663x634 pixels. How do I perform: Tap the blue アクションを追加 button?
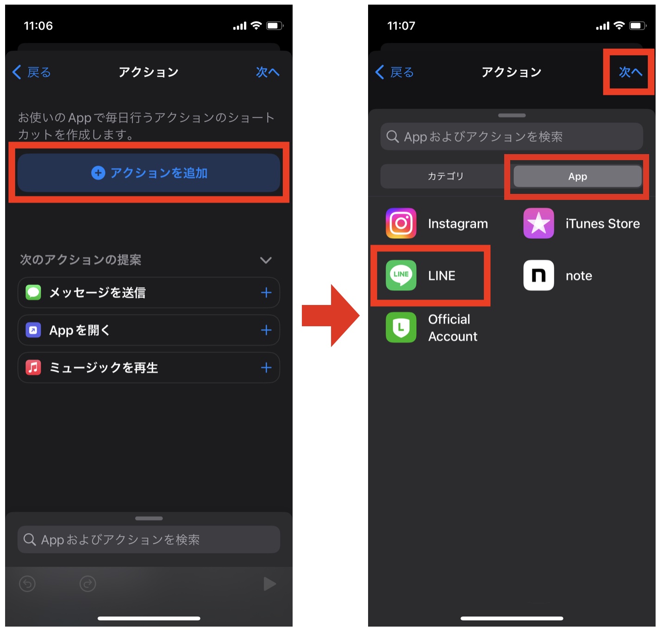click(149, 173)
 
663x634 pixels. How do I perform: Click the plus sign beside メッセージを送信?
click(266, 292)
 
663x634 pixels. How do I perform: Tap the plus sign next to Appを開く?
click(266, 330)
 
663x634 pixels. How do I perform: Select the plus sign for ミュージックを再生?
click(266, 367)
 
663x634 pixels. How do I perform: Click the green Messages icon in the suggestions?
click(33, 292)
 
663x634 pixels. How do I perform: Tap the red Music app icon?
click(33, 367)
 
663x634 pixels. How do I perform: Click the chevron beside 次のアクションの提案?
click(265, 260)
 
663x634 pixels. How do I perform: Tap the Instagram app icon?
click(401, 223)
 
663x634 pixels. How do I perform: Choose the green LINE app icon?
click(401, 275)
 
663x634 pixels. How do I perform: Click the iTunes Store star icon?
click(538, 223)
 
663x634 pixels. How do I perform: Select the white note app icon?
click(538, 275)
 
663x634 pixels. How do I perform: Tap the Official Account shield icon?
click(401, 328)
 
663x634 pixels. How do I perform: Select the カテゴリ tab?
click(445, 176)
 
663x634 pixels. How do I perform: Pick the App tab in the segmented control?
click(577, 176)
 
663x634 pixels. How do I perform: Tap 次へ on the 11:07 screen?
click(630, 72)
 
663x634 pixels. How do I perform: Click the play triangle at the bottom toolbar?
click(269, 584)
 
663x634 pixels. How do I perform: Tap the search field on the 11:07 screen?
click(512, 137)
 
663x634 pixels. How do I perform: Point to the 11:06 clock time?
click(38, 26)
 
